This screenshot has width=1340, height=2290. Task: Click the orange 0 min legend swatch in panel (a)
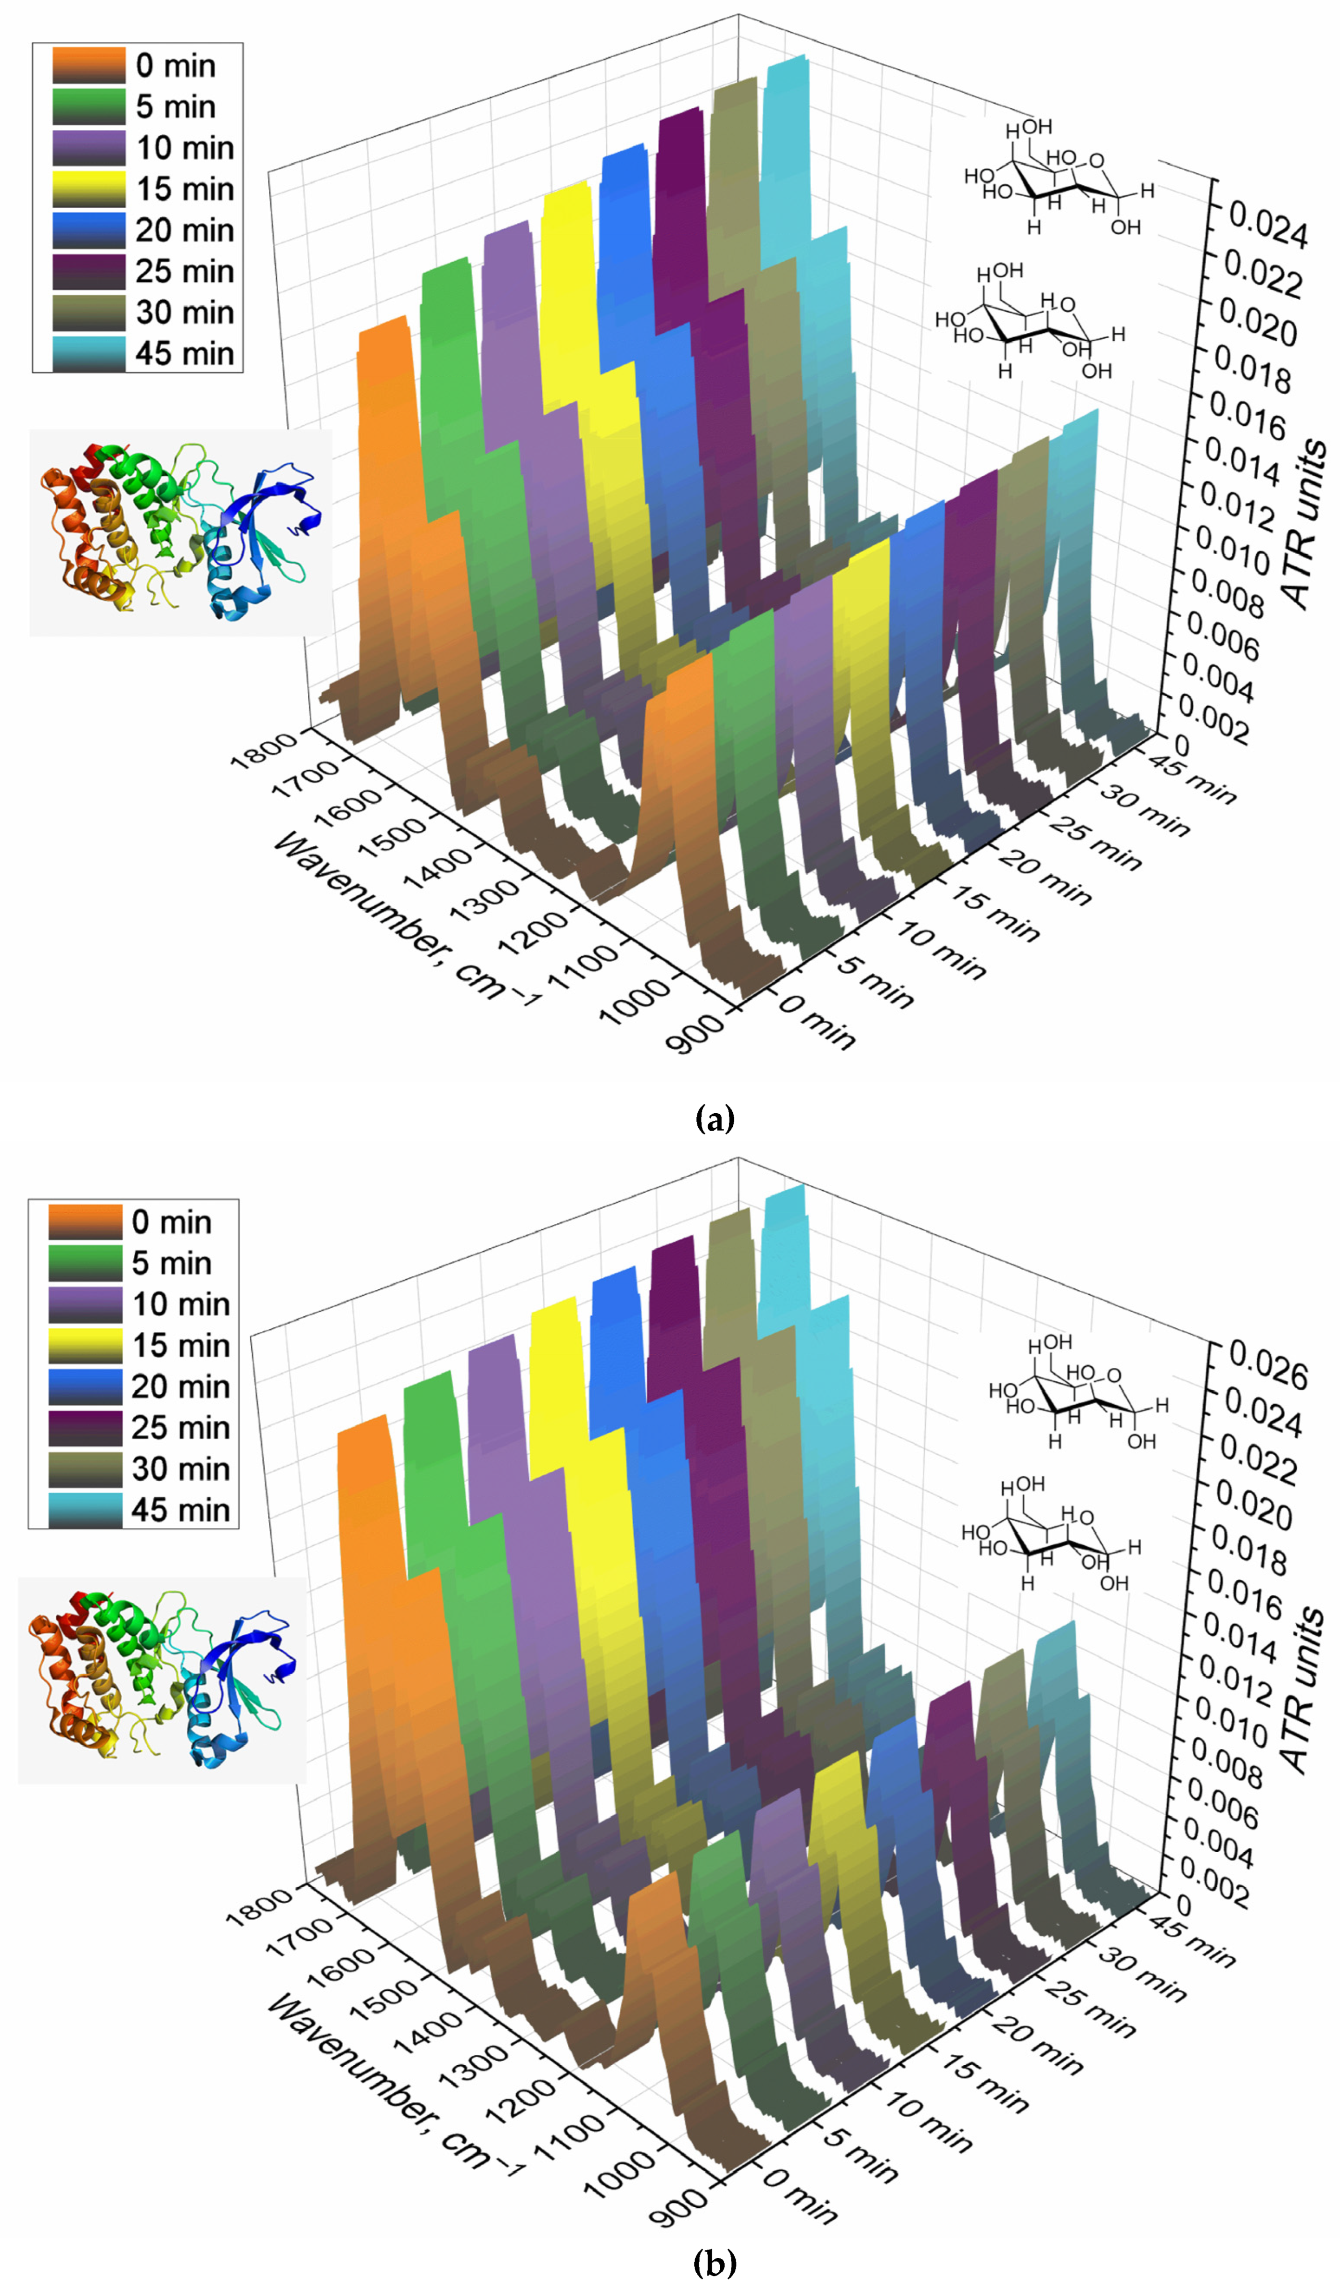[88, 65]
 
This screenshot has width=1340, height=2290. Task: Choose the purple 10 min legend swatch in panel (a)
[88, 147]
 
